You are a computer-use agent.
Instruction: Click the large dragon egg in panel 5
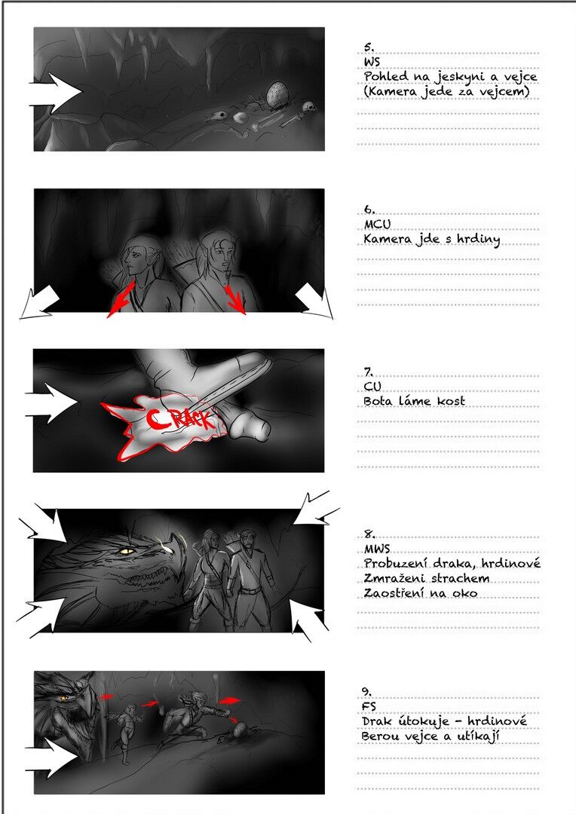coord(276,95)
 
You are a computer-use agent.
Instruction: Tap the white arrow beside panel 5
coord(55,93)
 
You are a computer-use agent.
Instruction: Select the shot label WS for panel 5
coord(372,62)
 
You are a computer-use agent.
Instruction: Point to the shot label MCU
coord(377,225)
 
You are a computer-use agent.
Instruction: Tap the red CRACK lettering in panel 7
coord(180,418)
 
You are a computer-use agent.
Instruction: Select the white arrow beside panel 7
coord(51,402)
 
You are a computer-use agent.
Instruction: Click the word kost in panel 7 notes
coord(451,401)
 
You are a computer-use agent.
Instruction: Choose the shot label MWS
coord(377,549)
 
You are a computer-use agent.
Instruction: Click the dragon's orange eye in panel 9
coord(64,697)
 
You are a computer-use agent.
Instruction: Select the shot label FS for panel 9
coord(369,706)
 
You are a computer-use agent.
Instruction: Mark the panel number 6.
coord(369,210)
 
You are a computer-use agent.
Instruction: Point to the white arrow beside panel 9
coord(51,758)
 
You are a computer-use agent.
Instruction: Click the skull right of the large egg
coord(308,108)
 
